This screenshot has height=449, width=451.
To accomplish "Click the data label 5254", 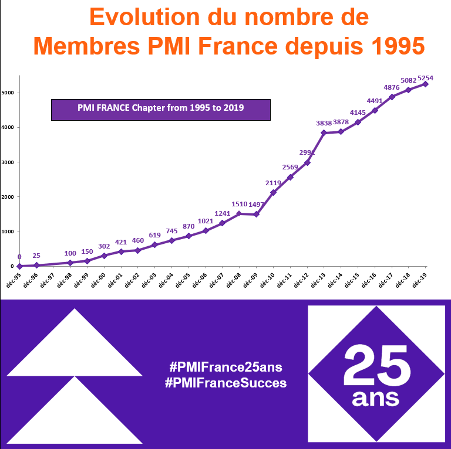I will pos(433,78).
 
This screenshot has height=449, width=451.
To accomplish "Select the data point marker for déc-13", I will pos(324,133).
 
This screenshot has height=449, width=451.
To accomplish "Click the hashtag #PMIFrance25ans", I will pos(226,368).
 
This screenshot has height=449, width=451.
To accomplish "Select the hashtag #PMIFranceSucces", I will pos(226,383).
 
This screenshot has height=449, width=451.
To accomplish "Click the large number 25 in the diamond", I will pos(376,364).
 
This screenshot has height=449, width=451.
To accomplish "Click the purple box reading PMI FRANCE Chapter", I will pos(160,109).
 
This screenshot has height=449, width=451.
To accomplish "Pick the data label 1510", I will pos(240,205).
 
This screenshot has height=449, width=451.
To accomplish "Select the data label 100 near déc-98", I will pos(70,253).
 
